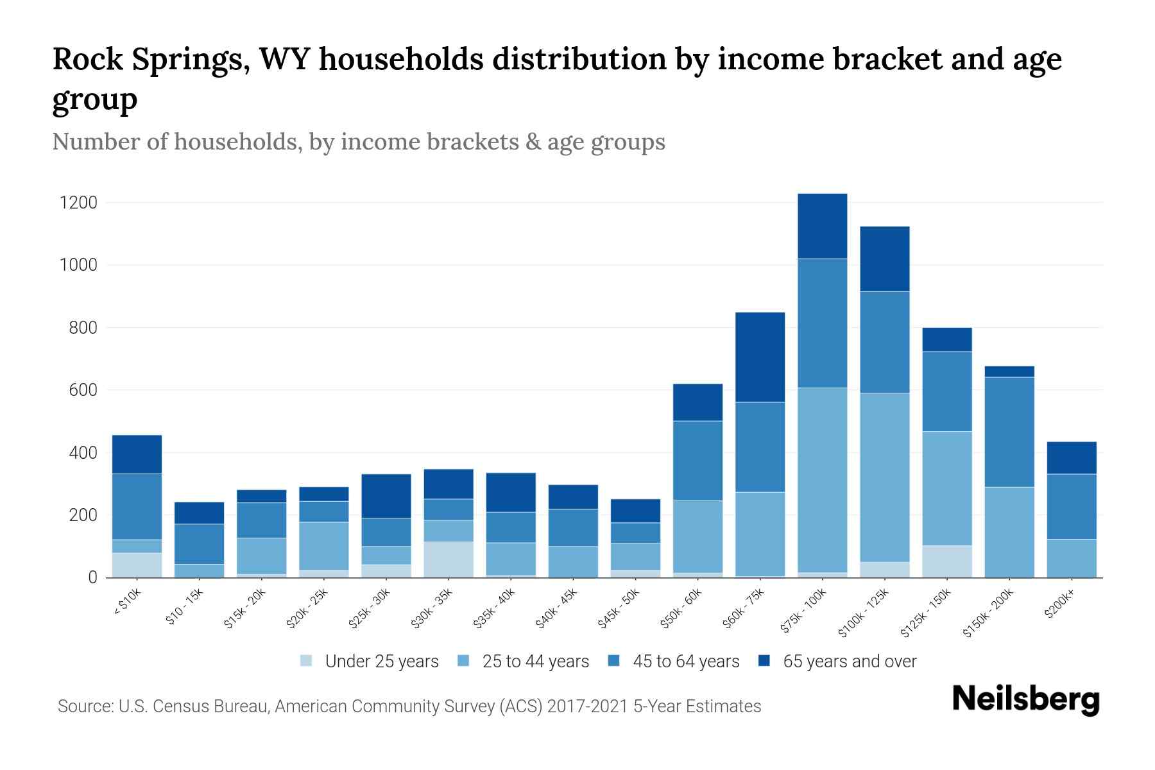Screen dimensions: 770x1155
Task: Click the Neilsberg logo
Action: point(1025,699)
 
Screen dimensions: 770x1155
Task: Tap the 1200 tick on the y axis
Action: point(78,203)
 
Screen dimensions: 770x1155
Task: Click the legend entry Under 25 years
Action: point(381,662)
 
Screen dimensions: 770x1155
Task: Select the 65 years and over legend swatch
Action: point(764,661)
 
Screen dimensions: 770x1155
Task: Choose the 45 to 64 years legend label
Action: point(685,662)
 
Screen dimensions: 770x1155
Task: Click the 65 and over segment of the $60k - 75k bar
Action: point(760,357)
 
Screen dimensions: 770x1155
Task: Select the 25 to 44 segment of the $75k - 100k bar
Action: point(822,479)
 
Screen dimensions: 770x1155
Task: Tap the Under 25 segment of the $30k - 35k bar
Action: point(448,559)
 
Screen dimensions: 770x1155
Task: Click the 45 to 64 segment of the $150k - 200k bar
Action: point(1009,432)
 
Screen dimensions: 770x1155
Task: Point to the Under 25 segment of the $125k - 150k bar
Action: point(946,561)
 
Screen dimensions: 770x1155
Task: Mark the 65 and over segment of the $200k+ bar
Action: point(1071,458)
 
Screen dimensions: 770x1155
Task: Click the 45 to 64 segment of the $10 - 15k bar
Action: point(199,543)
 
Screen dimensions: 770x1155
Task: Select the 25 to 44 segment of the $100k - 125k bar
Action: point(884,477)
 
